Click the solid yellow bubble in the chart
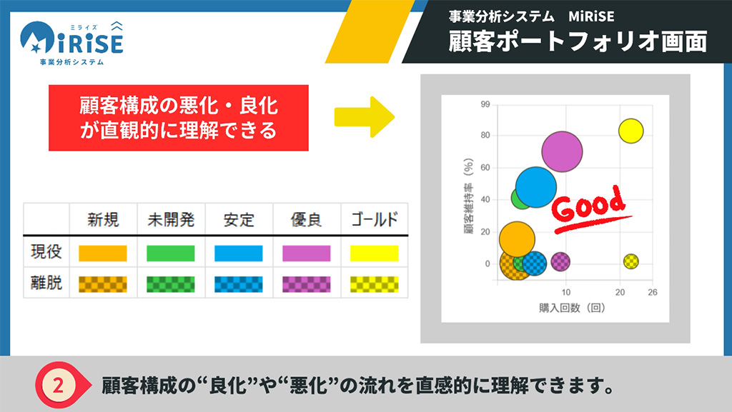coord(630,131)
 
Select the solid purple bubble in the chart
coord(562,151)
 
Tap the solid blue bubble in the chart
coord(536,187)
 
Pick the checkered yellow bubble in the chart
coord(630,261)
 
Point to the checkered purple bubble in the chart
coord(560,261)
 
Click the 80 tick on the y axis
coord(485,135)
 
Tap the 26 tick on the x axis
coord(652,292)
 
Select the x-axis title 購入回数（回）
coord(572,308)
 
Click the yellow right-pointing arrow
coord(365,117)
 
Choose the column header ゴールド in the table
coord(375,219)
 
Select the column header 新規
coord(103,219)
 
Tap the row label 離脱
coord(46,283)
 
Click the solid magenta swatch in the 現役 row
coord(306,253)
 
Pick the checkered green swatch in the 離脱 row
coord(170,284)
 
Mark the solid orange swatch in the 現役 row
coord(103,253)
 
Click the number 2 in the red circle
coord(58,386)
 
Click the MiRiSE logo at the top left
coord(71,44)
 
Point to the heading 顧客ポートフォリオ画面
coord(578,41)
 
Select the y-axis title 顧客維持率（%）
coord(468,196)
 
